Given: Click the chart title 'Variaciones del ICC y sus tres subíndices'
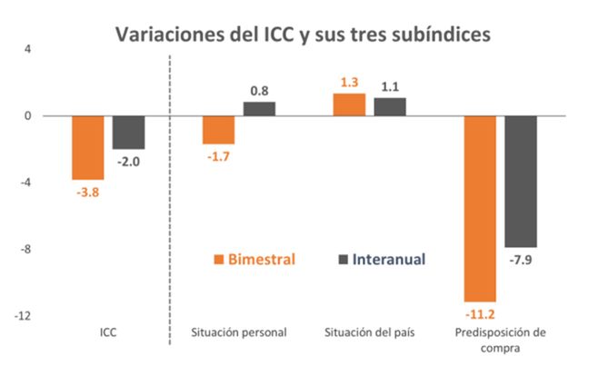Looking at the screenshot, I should point(302,34).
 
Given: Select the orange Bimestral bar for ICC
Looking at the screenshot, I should point(88,147).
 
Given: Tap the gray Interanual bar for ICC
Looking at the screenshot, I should point(128,133).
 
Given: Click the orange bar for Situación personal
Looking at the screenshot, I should point(218,130).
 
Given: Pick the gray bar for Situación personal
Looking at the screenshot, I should point(259,109).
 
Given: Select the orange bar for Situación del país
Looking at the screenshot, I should point(349,104).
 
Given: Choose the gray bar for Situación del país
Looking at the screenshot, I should point(390,106).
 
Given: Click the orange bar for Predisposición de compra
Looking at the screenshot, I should point(480,208).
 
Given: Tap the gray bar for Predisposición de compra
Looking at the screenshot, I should point(521,181).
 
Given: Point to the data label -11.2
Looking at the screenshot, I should point(480,314).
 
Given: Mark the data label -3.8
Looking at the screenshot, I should point(88,192).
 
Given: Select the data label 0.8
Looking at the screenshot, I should point(259,91).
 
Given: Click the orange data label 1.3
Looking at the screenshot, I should point(349,82).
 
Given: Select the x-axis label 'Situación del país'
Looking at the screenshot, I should point(370,332).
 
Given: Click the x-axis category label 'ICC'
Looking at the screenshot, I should point(108,332).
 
